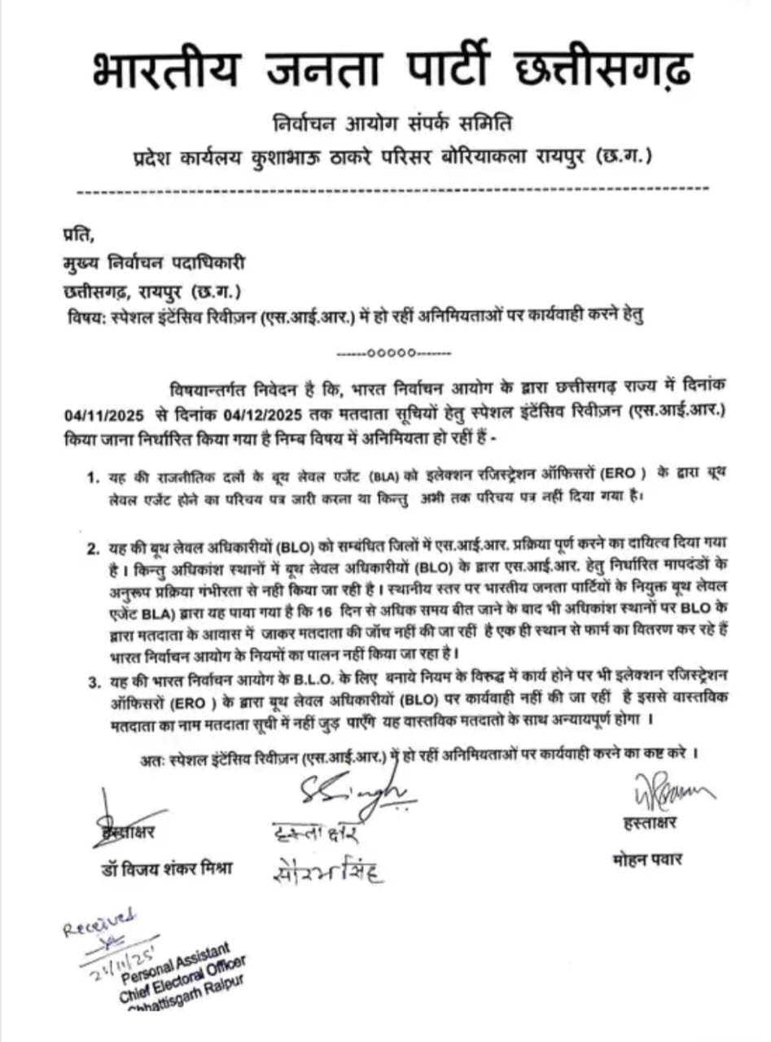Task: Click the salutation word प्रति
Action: pyautogui.click(x=78, y=237)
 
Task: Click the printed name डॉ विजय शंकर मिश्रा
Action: pyautogui.click(x=162, y=868)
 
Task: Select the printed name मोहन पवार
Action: pyautogui.click(x=648, y=860)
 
